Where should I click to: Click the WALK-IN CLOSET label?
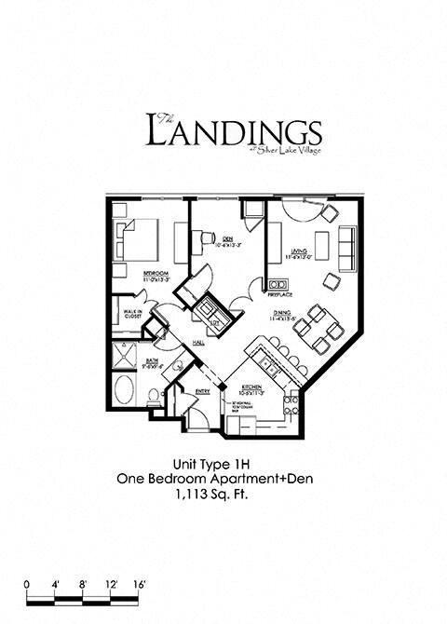[132, 315]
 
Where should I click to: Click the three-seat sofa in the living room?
[347, 245]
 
